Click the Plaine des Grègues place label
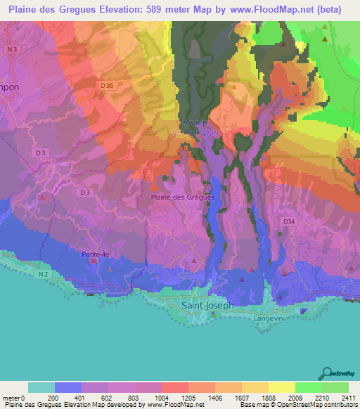pyautogui.click(x=182, y=197)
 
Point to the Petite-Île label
pyautogui.click(x=96, y=254)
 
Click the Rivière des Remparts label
pyautogui.click(x=193, y=125)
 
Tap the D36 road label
pyautogui.click(x=107, y=85)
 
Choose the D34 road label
pyautogui.click(x=288, y=221)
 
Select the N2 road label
pyautogui.click(x=44, y=274)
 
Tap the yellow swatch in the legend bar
pyautogui.click(x=281, y=387)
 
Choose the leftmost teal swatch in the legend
pyautogui.click(x=41, y=387)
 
